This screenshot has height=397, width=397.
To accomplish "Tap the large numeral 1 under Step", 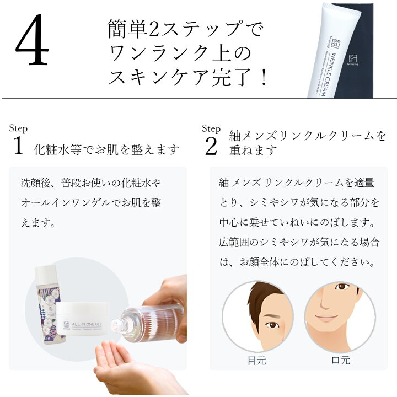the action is pos(18,146).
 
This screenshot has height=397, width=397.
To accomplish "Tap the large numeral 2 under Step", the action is pos(211,146).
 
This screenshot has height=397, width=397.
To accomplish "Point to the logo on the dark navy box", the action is pos(353,60).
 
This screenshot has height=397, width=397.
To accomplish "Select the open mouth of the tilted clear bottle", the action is pos(115,326).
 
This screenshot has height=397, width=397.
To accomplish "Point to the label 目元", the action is pos(257,360).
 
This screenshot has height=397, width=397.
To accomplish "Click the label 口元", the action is pos(341,360).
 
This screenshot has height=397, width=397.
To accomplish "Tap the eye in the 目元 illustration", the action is pos(272,325).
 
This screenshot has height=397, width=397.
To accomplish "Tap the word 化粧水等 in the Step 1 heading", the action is pos(58,149).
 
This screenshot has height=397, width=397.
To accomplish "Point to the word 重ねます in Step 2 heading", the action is pos(253,150).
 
